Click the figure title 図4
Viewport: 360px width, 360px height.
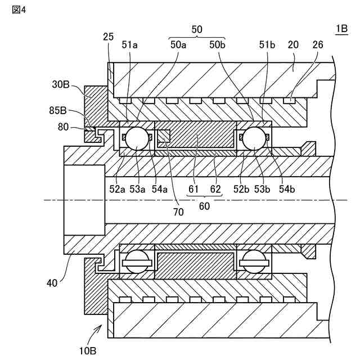19,11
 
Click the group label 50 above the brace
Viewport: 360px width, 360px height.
197,29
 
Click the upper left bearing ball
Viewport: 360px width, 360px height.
136,138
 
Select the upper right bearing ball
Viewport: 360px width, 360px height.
254,138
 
